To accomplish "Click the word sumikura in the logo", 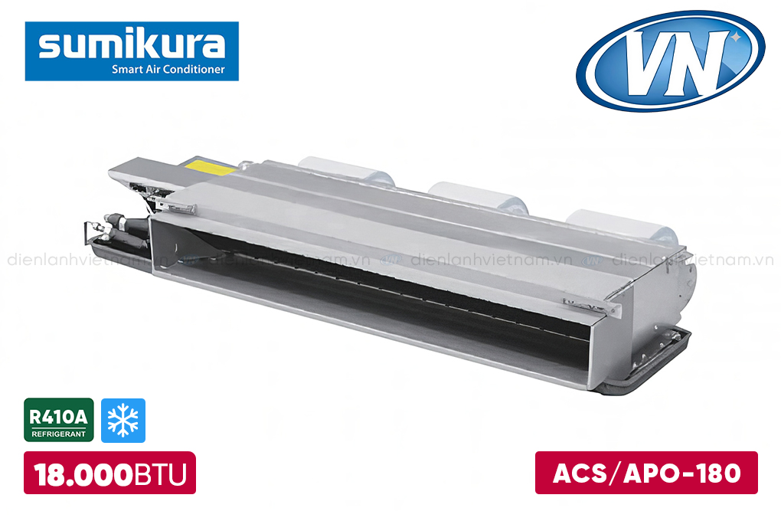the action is coord(132,44).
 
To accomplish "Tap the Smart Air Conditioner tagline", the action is coord(168,69).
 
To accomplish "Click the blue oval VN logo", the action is coord(671,61).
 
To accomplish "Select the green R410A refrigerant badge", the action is coord(59,420).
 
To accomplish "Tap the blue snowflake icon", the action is coord(123,421).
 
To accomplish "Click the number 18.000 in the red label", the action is coord(83,474).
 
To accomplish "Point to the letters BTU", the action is coord(160,474).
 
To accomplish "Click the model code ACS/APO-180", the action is coord(646,473).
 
